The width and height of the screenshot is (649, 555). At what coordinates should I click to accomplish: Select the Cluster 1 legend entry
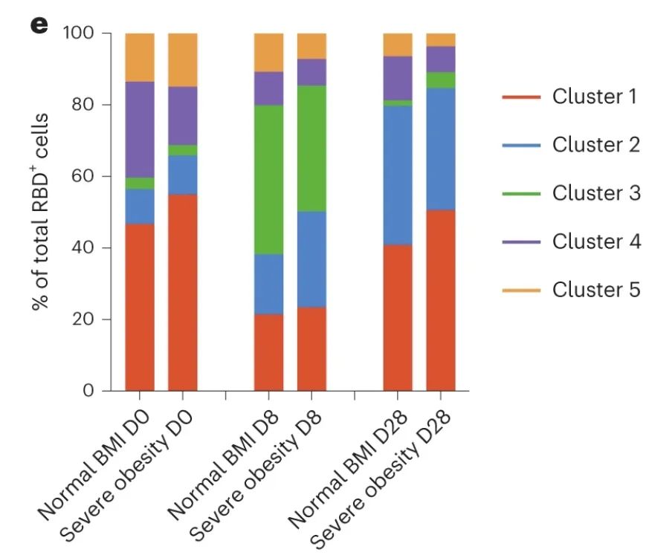[x=570, y=97]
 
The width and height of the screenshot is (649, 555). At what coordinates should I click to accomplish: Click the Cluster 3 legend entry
[x=570, y=193]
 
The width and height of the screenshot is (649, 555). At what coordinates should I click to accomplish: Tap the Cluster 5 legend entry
[x=570, y=289]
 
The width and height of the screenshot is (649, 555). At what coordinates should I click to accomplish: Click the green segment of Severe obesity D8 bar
[x=311, y=149]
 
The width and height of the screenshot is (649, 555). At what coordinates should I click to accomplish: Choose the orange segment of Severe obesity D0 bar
[x=182, y=60]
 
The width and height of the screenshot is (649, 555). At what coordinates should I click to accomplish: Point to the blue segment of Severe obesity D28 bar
[x=440, y=149]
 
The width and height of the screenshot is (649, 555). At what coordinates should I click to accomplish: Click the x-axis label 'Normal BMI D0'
[x=97, y=464]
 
